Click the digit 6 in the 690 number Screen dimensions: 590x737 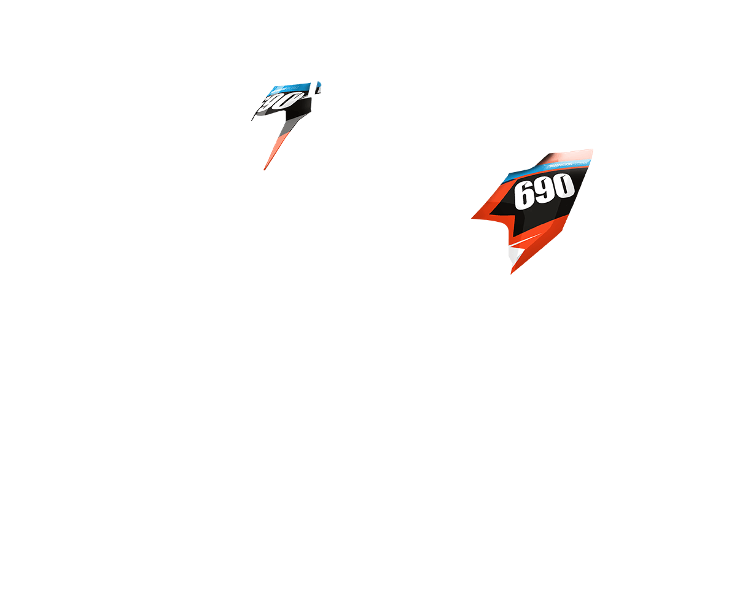tap(525, 195)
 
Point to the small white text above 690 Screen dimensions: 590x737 tap(562, 165)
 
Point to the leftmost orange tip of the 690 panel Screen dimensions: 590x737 tap(474, 217)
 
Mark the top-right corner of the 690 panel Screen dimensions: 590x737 tap(591, 150)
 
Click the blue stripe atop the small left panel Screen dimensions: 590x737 tap(289, 88)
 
